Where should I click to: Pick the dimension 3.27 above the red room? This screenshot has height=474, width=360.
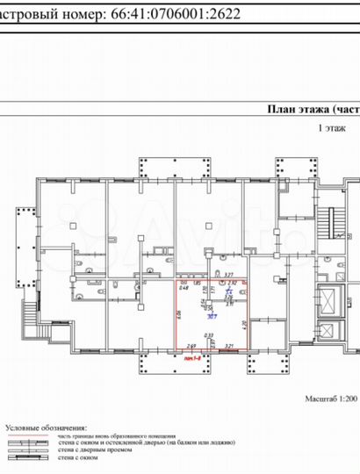[x=227, y=274]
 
